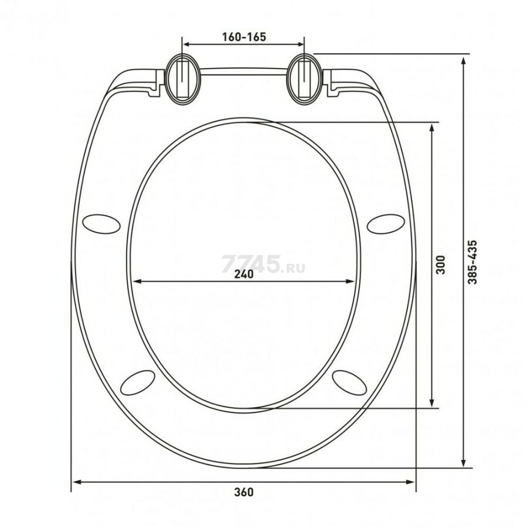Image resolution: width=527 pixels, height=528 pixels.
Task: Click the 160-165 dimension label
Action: pos(244,37)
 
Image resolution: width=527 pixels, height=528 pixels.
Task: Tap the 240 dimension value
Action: pos(244,274)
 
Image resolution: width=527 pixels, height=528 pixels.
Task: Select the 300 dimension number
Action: pos(440,265)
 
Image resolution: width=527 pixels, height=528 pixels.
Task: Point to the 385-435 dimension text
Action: pos(473,262)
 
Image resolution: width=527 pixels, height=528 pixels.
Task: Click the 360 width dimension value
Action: pos(244,492)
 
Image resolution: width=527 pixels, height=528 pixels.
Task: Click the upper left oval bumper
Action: pos(101,224)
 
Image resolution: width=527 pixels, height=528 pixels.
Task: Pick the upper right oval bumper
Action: pos(386,224)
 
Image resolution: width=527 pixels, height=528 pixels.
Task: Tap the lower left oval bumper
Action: pos(138,383)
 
